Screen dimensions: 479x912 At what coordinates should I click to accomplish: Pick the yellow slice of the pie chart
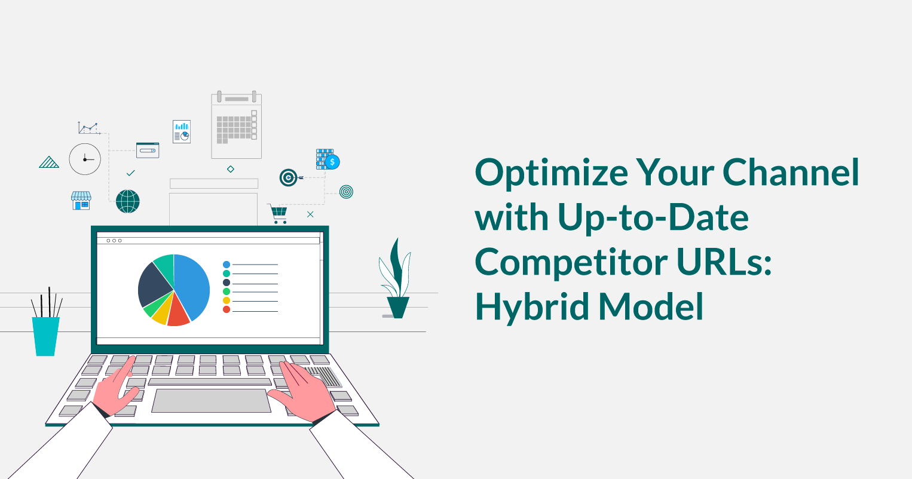pyautogui.click(x=160, y=314)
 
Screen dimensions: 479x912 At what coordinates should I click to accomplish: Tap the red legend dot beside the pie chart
pyautogui.click(x=227, y=309)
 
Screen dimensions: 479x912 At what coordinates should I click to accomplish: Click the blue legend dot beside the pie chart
pyautogui.click(x=227, y=264)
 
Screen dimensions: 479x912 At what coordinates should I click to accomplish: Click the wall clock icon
pyautogui.click(x=85, y=159)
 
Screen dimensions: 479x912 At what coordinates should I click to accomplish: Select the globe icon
pyautogui.click(x=128, y=201)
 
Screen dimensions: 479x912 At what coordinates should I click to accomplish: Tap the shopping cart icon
pyautogui.click(x=279, y=213)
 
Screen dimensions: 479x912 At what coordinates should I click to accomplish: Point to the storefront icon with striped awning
pyautogui.click(x=81, y=201)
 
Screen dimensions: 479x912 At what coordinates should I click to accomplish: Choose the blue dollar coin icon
pyautogui.click(x=332, y=161)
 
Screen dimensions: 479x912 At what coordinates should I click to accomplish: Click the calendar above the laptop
pyautogui.click(x=237, y=125)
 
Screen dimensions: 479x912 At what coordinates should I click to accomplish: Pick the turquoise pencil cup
pyautogui.click(x=46, y=336)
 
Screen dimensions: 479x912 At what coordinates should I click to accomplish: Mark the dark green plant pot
pyautogui.click(x=398, y=306)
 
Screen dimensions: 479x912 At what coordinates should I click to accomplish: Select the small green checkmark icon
pyautogui.click(x=131, y=173)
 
